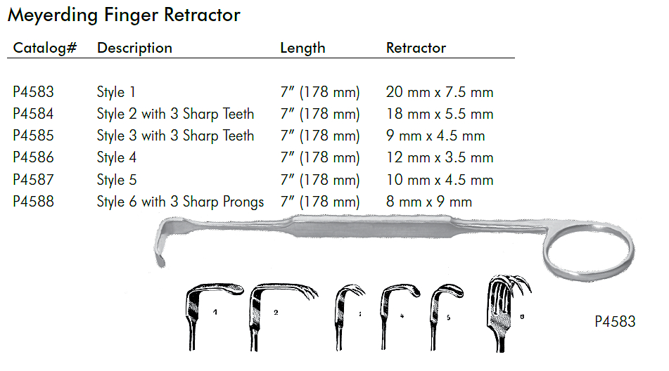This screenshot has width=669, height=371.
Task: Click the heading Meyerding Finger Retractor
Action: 124,15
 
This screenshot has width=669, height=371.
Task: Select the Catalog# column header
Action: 45,48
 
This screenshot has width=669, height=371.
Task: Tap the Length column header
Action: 302,48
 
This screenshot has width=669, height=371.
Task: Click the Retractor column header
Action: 416,48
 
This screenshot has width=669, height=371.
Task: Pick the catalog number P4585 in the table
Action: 34,136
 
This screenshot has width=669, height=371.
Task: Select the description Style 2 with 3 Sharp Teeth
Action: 175,114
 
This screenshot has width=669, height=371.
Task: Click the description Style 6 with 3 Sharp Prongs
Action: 180,202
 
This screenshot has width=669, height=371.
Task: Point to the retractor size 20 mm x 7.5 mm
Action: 440,92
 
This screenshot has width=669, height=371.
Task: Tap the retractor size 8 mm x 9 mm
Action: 428,202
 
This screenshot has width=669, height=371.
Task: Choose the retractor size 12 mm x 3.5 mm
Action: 440,157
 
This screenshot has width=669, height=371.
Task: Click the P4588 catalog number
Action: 34,202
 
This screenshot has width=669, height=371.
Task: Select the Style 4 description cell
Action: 116,157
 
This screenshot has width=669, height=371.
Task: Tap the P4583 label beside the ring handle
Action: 615,322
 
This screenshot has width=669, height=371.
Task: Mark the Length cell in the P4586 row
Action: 319,157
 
